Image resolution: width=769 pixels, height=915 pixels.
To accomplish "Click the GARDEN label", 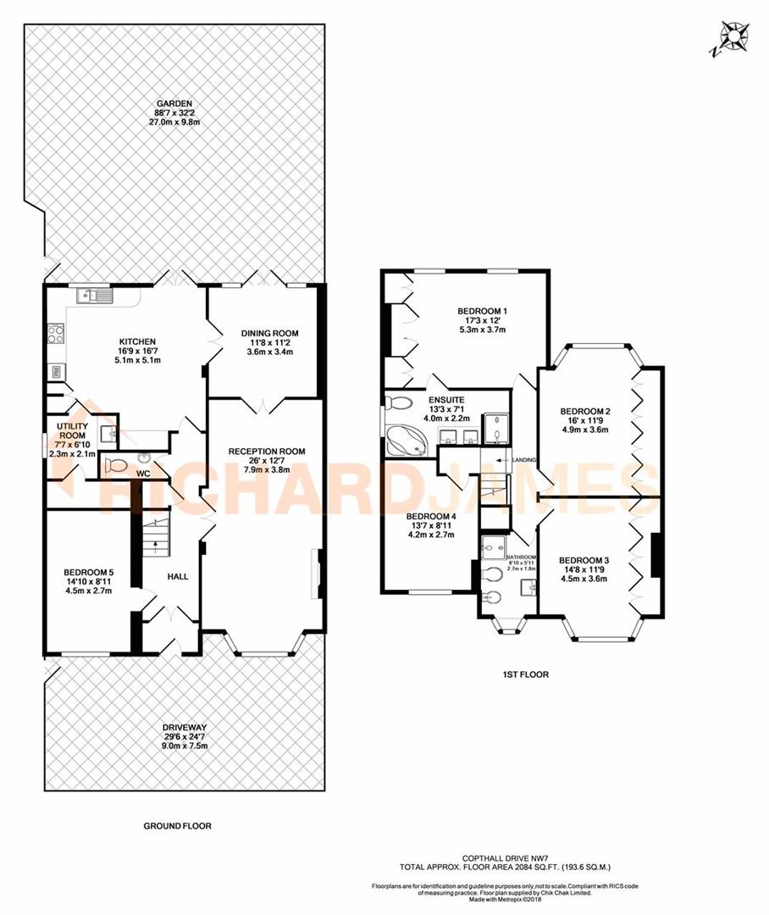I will tap(173, 103).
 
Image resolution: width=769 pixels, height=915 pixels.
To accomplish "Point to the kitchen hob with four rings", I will tap(56, 334).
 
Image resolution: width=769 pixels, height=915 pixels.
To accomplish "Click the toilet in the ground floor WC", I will tap(115, 464).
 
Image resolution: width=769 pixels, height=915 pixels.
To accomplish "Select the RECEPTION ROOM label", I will tap(267, 451).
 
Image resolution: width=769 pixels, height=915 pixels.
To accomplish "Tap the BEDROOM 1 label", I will tap(482, 311).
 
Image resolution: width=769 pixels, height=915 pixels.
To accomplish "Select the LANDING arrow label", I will tap(520, 459).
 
